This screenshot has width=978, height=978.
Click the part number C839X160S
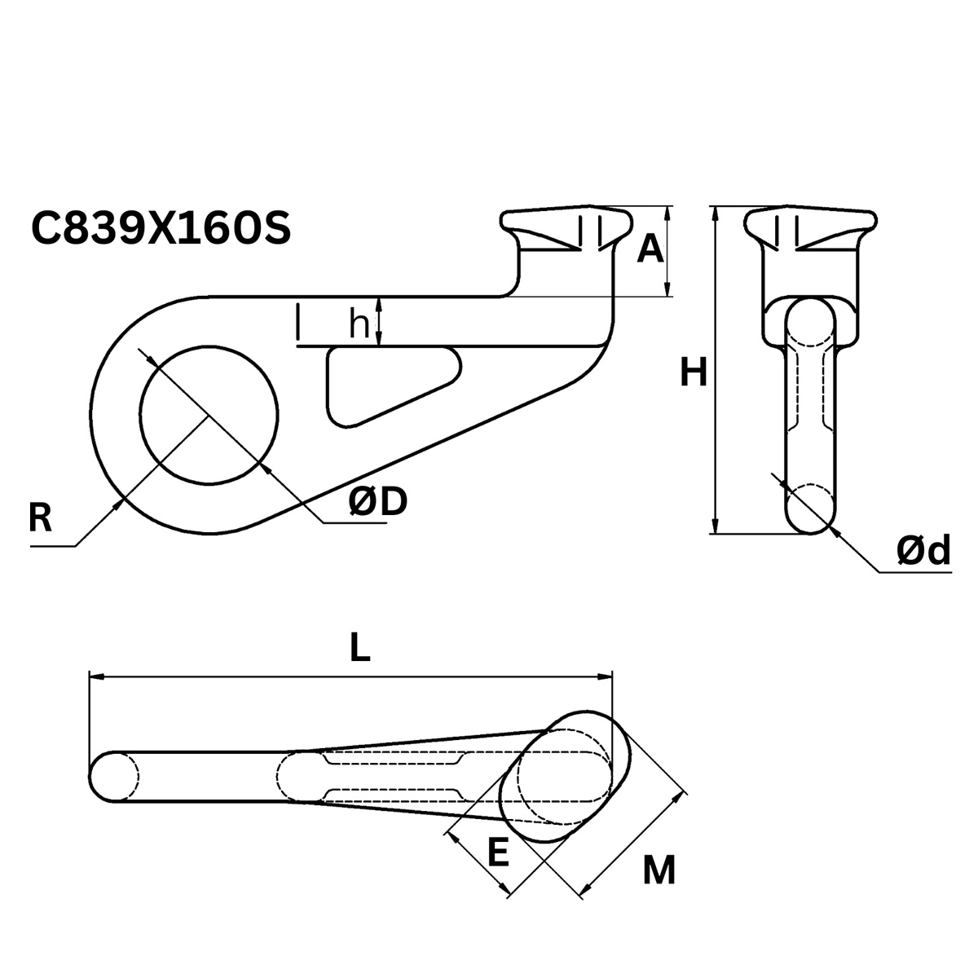(x=161, y=229)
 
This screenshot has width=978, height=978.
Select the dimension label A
(x=650, y=249)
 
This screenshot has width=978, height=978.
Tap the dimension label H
(x=693, y=374)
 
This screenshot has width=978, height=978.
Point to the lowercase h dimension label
(x=359, y=324)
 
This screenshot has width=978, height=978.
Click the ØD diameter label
(x=377, y=503)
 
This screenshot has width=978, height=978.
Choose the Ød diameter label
(x=923, y=552)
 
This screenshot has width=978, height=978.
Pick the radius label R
(x=40, y=518)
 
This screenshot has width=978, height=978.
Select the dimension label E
(x=497, y=853)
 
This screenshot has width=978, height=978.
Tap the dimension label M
(x=659, y=871)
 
